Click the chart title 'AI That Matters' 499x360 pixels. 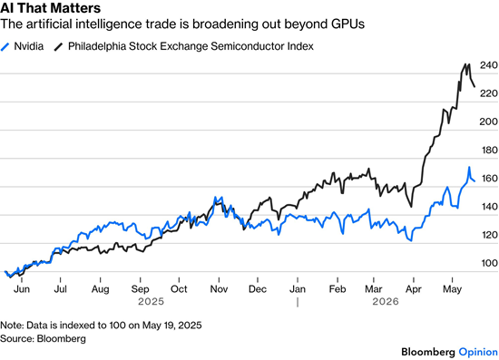pyautogui.click(x=50, y=7)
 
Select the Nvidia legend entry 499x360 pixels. pyautogui.click(x=22, y=46)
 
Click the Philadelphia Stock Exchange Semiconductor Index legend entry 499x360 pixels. pyautogui.click(x=183, y=46)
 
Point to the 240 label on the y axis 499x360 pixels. pyautogui.click(x=489, y=65)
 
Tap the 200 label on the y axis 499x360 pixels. pyautogui.click(x=489, y=122)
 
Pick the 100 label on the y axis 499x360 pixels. pyautogui.click(x=489, y=263)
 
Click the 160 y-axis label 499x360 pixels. pyautogui.click(x=489, y=178)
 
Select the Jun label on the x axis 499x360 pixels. pyautogui.click(x=22, y=289)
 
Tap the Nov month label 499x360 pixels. pyautogui.click(x=219, y=289)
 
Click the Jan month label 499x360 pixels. pyautogui.click(x=298, y=289)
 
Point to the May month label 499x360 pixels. pyautogui.click(x=452, y=289)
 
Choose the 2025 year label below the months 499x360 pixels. pyautogui.click(x=151, y=301)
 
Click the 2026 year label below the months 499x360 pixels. pyautogui.click(x=386, y=301)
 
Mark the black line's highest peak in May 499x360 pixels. pyautogui.click(x=468, y=64)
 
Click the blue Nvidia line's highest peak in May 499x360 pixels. pyautogui.click(x=469, y=167)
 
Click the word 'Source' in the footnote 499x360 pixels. pyautogui.click(x=16, y=338)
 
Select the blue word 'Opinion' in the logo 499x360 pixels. pyautogui.click(x=478, y=352)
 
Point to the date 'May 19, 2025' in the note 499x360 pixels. pyautogui.click(x=171, y=326)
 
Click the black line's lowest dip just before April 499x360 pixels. pyautogui.click(x=412, y=207)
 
